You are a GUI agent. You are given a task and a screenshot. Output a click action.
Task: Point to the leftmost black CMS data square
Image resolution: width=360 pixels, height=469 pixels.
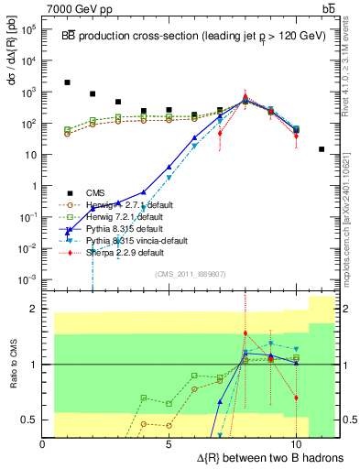tap(68, 82)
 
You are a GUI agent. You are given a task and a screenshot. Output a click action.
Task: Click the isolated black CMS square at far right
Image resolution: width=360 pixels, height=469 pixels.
tap(322, 149)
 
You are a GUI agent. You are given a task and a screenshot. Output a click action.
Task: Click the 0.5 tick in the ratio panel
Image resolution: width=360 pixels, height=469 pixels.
tap(31, 420)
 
